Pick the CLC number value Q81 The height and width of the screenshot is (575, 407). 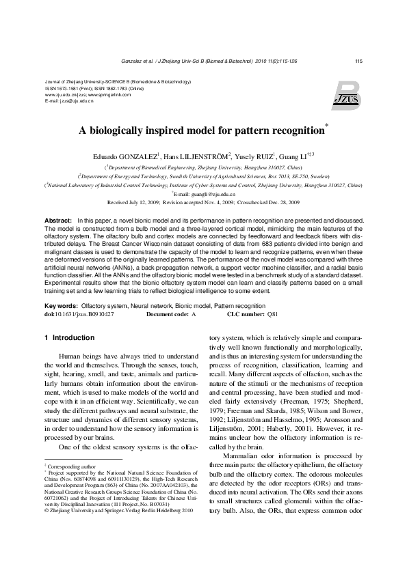[273, 315]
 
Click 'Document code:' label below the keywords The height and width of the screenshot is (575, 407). [168, 315]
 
